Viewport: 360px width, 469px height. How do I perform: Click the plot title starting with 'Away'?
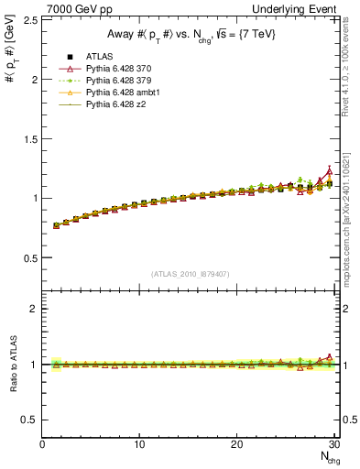[190, 36]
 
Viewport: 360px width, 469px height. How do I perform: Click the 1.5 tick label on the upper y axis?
[29, 138]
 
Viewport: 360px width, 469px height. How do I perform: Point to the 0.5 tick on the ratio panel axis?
[29, 420]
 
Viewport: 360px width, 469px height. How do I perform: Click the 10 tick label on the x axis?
[139, 444]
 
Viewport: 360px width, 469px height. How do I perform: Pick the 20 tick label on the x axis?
[236, 444]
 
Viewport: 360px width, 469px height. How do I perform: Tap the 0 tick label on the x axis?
[42, 444]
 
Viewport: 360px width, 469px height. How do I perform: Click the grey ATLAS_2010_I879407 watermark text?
[191, 274]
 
